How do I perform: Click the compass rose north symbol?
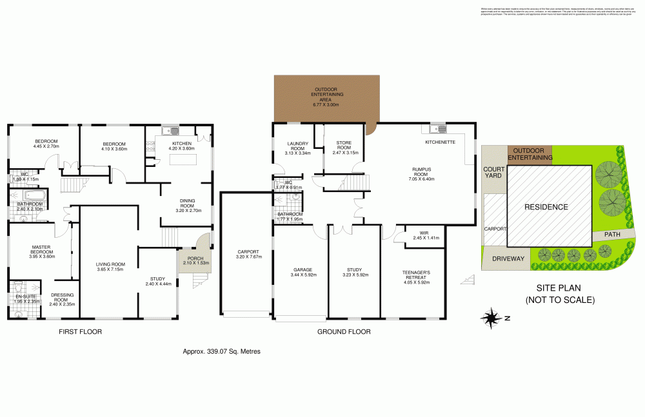(x=491, y=317)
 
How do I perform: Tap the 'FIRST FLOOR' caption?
(x=80, y=332)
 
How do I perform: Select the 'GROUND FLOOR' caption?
(x=343, y=332)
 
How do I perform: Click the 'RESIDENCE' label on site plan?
(x=546, y=207)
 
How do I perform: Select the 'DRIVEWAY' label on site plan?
(x=508, y=258)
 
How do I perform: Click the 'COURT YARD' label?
(x=493, y=173)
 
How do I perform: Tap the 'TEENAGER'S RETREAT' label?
(x=415, y=275)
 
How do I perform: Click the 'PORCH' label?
(x=195, y=260)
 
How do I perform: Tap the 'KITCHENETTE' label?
(x=441, y=142)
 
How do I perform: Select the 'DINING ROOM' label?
(x=190, y=205)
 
